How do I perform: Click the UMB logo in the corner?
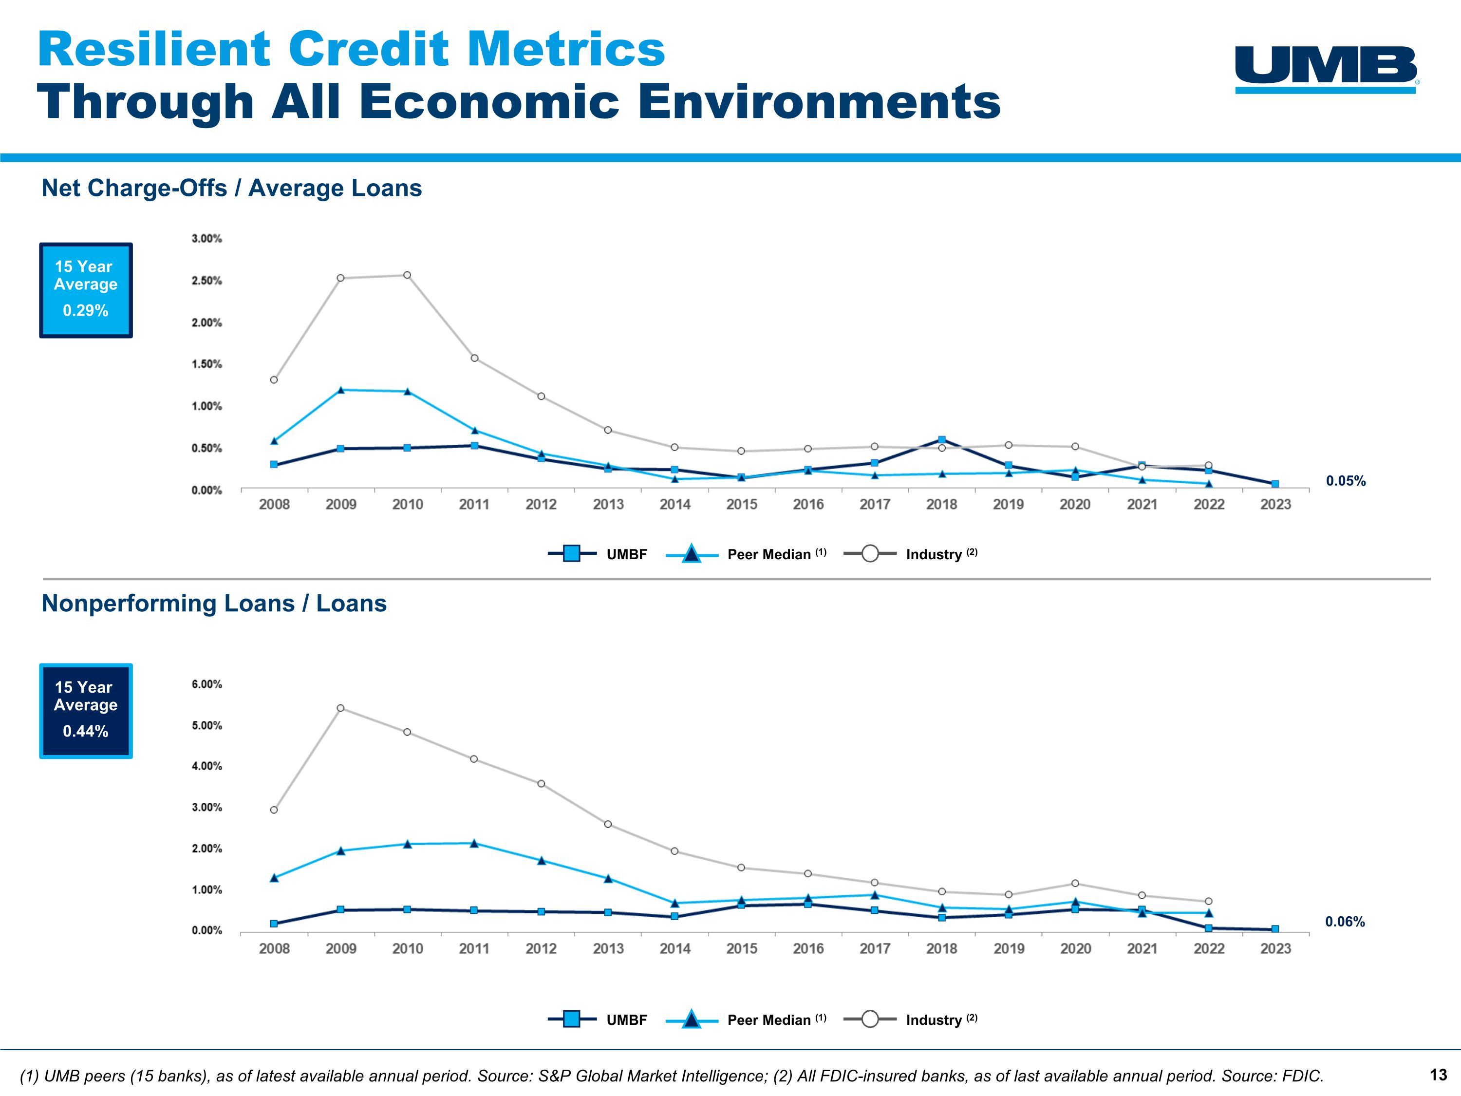point(1326,69)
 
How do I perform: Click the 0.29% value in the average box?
point(85,310)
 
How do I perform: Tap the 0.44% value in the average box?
point(85,731)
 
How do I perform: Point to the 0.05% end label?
point(1346,481)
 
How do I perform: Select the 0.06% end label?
point(1345,922)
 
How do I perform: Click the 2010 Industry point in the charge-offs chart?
point(407,275)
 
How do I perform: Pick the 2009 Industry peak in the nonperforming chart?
point(340,708)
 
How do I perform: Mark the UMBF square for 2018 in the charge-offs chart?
point(942,440)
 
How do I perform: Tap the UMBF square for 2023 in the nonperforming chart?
point(1275,929)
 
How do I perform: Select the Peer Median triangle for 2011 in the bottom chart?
point(474,843)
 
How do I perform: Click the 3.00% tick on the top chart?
point(207,239)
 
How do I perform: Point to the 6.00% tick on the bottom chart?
point(207,684)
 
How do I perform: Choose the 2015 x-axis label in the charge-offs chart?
point(741,505)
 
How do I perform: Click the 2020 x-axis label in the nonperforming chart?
point(1075,949)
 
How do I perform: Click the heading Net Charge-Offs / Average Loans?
point(231,189)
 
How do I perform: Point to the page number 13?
point(1438,1075)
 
